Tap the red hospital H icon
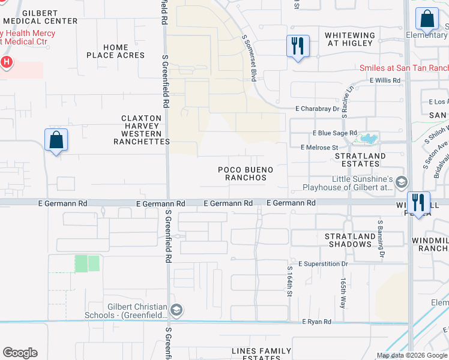click(x=7, y=61)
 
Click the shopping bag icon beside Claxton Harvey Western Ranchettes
click(x=56, y=140)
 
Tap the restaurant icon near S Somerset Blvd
click(x=298, y=46)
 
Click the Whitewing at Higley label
click(x=350, y=40)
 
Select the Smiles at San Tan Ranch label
click(x=403, y=68)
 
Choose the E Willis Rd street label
click(x=385, y=80)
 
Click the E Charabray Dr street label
click(x=318, y=109)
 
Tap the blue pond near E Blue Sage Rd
click(x=367, y=139)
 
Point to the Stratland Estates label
click(x=360, y=160)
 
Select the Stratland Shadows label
click(x=348, y=240)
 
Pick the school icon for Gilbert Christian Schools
click(x=176, y=310)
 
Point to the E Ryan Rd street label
click(x=316, y=322)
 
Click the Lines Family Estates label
click(x=262, y=354)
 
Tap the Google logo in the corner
click(x=20, y=353)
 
